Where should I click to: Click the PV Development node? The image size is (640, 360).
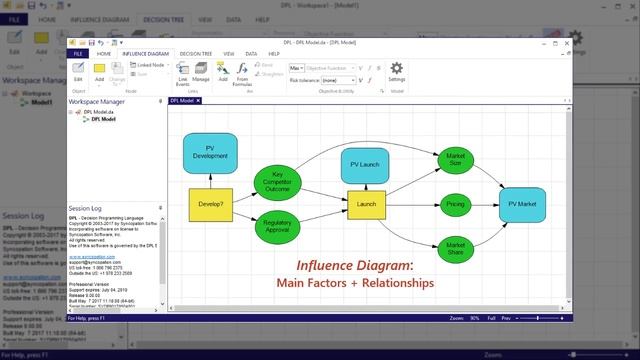point(210,150)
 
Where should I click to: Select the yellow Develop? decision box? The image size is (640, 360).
point(210,203)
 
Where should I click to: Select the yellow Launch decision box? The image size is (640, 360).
point(366,205)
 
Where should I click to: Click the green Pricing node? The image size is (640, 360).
point(456,204)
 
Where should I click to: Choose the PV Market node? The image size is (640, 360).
point(523,204)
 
